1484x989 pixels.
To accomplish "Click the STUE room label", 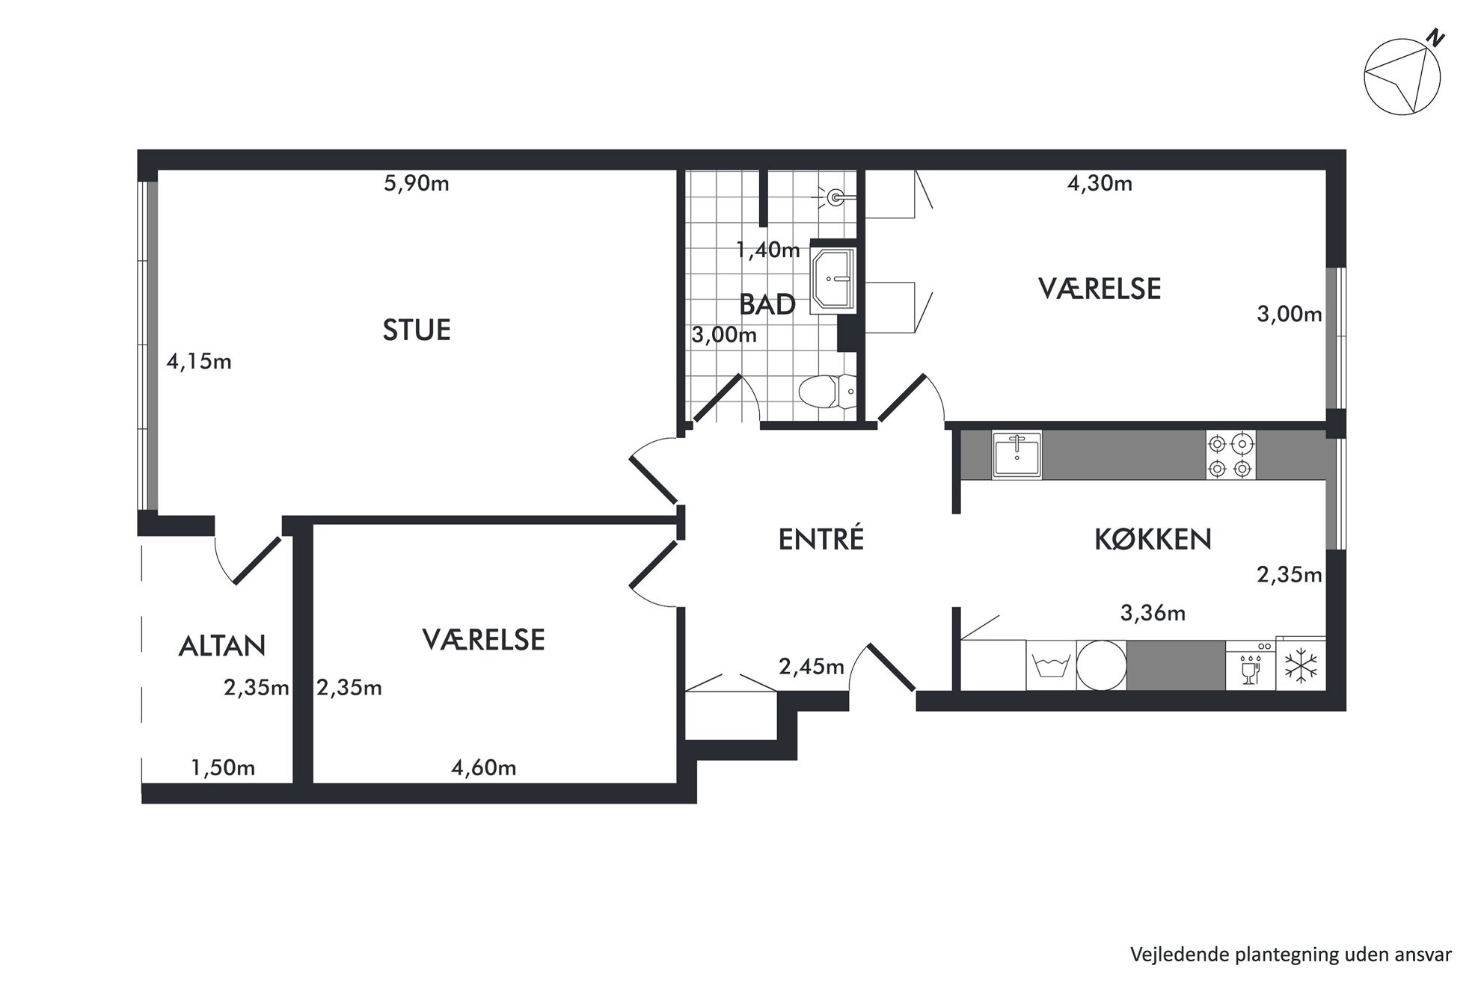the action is (417, 330).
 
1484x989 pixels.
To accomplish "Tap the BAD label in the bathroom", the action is (767, 304).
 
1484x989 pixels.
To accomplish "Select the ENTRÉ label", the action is (821, 538).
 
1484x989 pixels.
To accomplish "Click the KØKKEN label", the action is (1153, 539).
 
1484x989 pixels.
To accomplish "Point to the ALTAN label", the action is (222, 646).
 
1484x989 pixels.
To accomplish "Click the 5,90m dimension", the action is (417, 183).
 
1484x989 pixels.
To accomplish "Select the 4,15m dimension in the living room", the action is (199, 362).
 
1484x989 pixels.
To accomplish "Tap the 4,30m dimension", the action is (1100, 183).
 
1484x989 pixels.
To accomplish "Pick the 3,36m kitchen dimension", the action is (1153, 613).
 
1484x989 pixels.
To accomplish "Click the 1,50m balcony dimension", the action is (223, 768).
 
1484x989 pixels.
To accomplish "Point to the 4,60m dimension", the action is (484, 768).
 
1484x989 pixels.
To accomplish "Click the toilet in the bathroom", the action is (827, 391).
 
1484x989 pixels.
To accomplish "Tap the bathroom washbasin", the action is (833, 278).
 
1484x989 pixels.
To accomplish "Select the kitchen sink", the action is (1017, 455).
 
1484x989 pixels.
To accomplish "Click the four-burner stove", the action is (1230, 455).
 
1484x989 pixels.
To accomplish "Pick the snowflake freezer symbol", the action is (1301, 666).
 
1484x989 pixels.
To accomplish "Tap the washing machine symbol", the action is (1051, 665).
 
